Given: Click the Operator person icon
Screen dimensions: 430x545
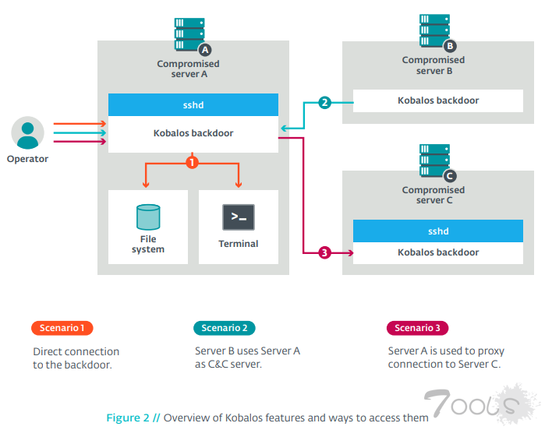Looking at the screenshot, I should coord(28,132).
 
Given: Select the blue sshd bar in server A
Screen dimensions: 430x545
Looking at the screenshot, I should coord(193,104).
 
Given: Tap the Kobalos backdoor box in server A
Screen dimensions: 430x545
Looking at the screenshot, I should coord(193,133).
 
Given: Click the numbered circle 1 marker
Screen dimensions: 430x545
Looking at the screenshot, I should coord(192,162).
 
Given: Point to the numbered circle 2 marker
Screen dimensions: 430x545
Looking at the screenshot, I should coord(325,102).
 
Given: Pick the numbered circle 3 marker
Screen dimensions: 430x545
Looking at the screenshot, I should coord(325,252).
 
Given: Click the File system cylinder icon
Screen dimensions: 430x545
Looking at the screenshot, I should coord(147,217).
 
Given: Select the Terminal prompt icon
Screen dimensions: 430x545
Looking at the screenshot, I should coord(239,217).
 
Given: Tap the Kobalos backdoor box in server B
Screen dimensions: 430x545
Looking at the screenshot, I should coord(438,100).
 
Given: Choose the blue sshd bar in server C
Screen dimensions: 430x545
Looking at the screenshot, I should coord(438,231).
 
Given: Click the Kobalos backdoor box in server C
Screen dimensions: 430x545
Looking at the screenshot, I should coord(438,252).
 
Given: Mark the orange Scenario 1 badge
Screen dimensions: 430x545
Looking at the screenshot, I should coord(62,328).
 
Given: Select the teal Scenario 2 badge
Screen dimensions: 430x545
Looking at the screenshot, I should coord(224,328).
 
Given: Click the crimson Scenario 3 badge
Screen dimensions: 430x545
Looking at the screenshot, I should coord(417,328).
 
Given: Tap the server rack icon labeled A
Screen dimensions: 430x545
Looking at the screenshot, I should coord(189,35).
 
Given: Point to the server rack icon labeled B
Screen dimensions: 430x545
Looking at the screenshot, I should coord(434,31).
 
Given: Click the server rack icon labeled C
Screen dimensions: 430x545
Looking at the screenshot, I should coord(434,161).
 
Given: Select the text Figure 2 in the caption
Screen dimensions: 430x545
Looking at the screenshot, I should coord(128,418).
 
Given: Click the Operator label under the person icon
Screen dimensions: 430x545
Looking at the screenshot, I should coord(27,159).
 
